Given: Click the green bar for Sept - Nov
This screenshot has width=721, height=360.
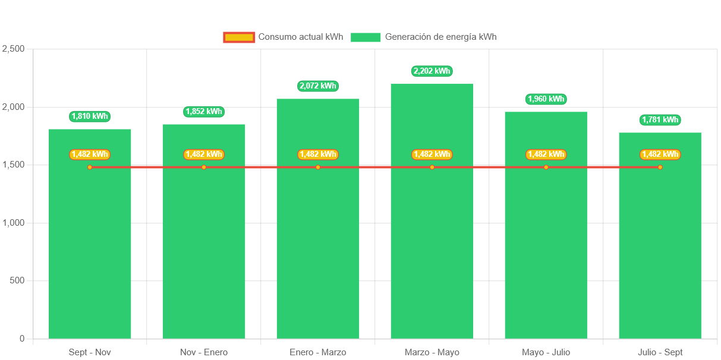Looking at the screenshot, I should (90, 250).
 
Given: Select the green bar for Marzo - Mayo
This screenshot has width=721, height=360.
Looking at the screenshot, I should (432, 250).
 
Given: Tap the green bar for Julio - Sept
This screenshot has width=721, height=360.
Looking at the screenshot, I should (660, 250).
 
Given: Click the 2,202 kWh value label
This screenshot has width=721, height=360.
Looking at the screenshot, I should (432, 71).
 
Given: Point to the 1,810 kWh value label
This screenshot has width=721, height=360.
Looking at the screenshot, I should (90, 116).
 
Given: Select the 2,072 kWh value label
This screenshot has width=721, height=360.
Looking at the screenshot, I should (318, 86).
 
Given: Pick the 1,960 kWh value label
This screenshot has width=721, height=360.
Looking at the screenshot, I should (546, 99).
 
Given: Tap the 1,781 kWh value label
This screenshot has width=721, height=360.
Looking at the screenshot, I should (660, 120).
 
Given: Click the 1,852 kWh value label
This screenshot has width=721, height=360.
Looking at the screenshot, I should (204, 112).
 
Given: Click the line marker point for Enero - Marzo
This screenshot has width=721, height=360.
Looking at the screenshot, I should (318, 168).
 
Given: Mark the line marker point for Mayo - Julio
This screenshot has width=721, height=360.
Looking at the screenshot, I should (546, 168).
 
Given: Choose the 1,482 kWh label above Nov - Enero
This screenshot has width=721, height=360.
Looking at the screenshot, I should (204, 154).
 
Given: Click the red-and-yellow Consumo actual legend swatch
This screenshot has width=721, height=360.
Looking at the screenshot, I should (239, 37).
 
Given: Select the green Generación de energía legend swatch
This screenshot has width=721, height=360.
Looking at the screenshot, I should (366, 37).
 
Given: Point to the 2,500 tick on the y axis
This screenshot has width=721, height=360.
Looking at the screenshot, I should (13, 49).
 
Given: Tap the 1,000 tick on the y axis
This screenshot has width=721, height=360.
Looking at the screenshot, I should (13, 223).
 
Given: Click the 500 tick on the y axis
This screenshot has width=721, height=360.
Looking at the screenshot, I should (16, 280).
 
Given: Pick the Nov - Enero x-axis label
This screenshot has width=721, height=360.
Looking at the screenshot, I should (204, 352).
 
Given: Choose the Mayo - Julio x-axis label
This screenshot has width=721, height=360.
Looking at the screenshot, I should (546, 352).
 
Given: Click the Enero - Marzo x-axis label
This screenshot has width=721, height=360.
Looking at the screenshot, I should (318, 352).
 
